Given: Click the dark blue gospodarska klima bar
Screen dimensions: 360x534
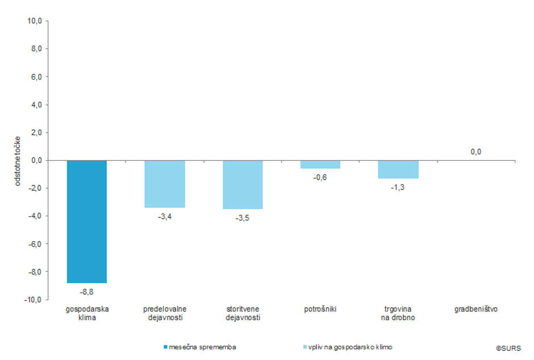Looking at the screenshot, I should tap(87, 221).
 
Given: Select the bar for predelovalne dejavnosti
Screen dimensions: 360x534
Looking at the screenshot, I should tap(165, 184).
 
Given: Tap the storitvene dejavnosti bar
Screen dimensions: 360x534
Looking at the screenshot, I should tap(243, 185).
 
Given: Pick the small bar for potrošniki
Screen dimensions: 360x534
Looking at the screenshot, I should tap(320, 165).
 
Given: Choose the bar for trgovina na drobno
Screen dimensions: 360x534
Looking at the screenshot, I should tap(398, 169).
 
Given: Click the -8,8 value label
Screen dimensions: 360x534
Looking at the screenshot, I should tap(87, 291).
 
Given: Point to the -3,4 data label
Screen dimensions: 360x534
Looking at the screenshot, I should tap(165, 216).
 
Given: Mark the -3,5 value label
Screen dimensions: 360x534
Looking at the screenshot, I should tap(243, 218).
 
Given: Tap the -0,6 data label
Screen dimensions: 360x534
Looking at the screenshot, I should tap(320, 177).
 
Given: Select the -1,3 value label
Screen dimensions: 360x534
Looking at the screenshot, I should tap(398, 187).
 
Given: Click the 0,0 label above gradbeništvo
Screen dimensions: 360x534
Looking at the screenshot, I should tap(476, 152).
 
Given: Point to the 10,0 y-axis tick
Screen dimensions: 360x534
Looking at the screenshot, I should tap(35, 21).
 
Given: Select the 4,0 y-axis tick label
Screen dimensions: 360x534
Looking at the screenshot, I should tap(37, 104).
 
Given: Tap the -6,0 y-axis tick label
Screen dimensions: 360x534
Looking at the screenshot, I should tap(36, 244).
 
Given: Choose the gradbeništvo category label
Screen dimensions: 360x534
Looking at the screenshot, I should tap(476, 309).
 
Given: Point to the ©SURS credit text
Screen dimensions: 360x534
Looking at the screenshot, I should tap(508, 347).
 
